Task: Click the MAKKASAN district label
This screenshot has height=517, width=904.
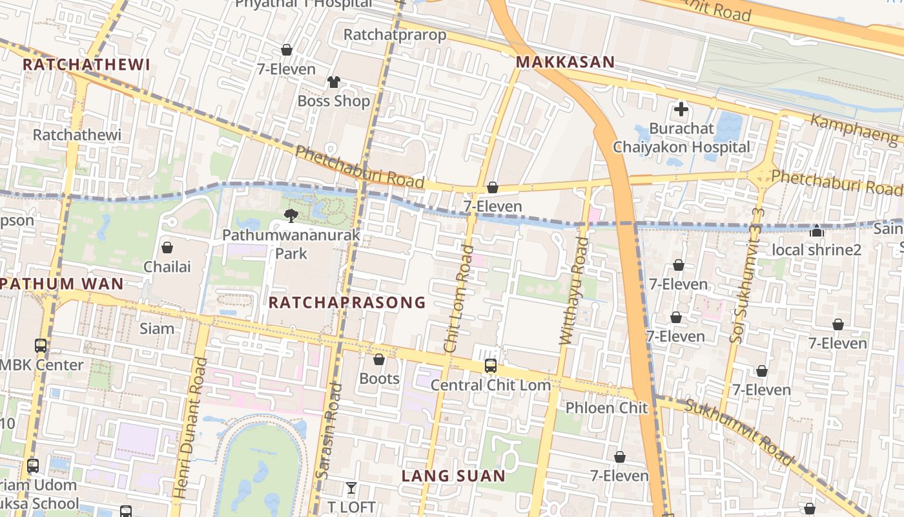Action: (565, 62)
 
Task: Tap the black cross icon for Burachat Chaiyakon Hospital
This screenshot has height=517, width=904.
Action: (681, 109)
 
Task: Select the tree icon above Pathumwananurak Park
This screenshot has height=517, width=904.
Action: (291, 215)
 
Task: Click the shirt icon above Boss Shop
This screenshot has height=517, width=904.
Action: (333, 82)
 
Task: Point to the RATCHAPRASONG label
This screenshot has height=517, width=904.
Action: (347, 302)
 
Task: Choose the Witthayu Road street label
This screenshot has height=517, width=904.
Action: (574, 291)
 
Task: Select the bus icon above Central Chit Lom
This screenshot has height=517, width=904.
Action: (490, 366)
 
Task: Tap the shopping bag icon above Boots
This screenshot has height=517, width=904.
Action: (379, 359)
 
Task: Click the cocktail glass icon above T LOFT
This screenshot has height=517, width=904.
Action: (351, 488)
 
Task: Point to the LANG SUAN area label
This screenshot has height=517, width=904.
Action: (453, 476)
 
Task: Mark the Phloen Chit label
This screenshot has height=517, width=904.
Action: (606, 408)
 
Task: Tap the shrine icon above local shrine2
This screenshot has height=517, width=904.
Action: (817, 231)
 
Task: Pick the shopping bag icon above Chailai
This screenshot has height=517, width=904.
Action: (167, 248)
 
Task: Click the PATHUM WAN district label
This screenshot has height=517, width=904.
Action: (62, 284)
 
